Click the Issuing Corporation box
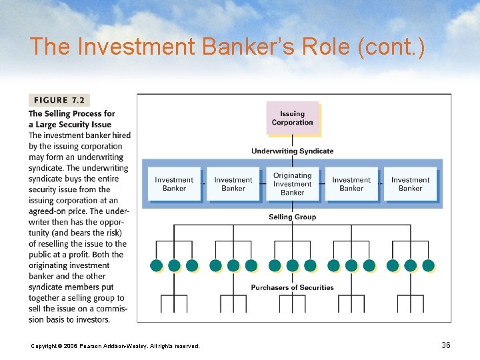[x=292, y=118]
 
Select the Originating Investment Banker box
[x=292, y=184]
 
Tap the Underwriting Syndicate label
[x=292, y=151]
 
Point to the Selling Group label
[x=292, y=217]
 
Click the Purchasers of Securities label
[x=292, y=287]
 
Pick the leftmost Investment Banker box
[x=174, y=184]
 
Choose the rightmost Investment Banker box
[x=410, y=184]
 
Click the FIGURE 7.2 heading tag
[x=59, y=100]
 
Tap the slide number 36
[x=446, y=345]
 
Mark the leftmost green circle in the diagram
[x=157, y=265]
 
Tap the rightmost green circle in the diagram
[x=428, y=265]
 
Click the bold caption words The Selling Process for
[x=71, y=114]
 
